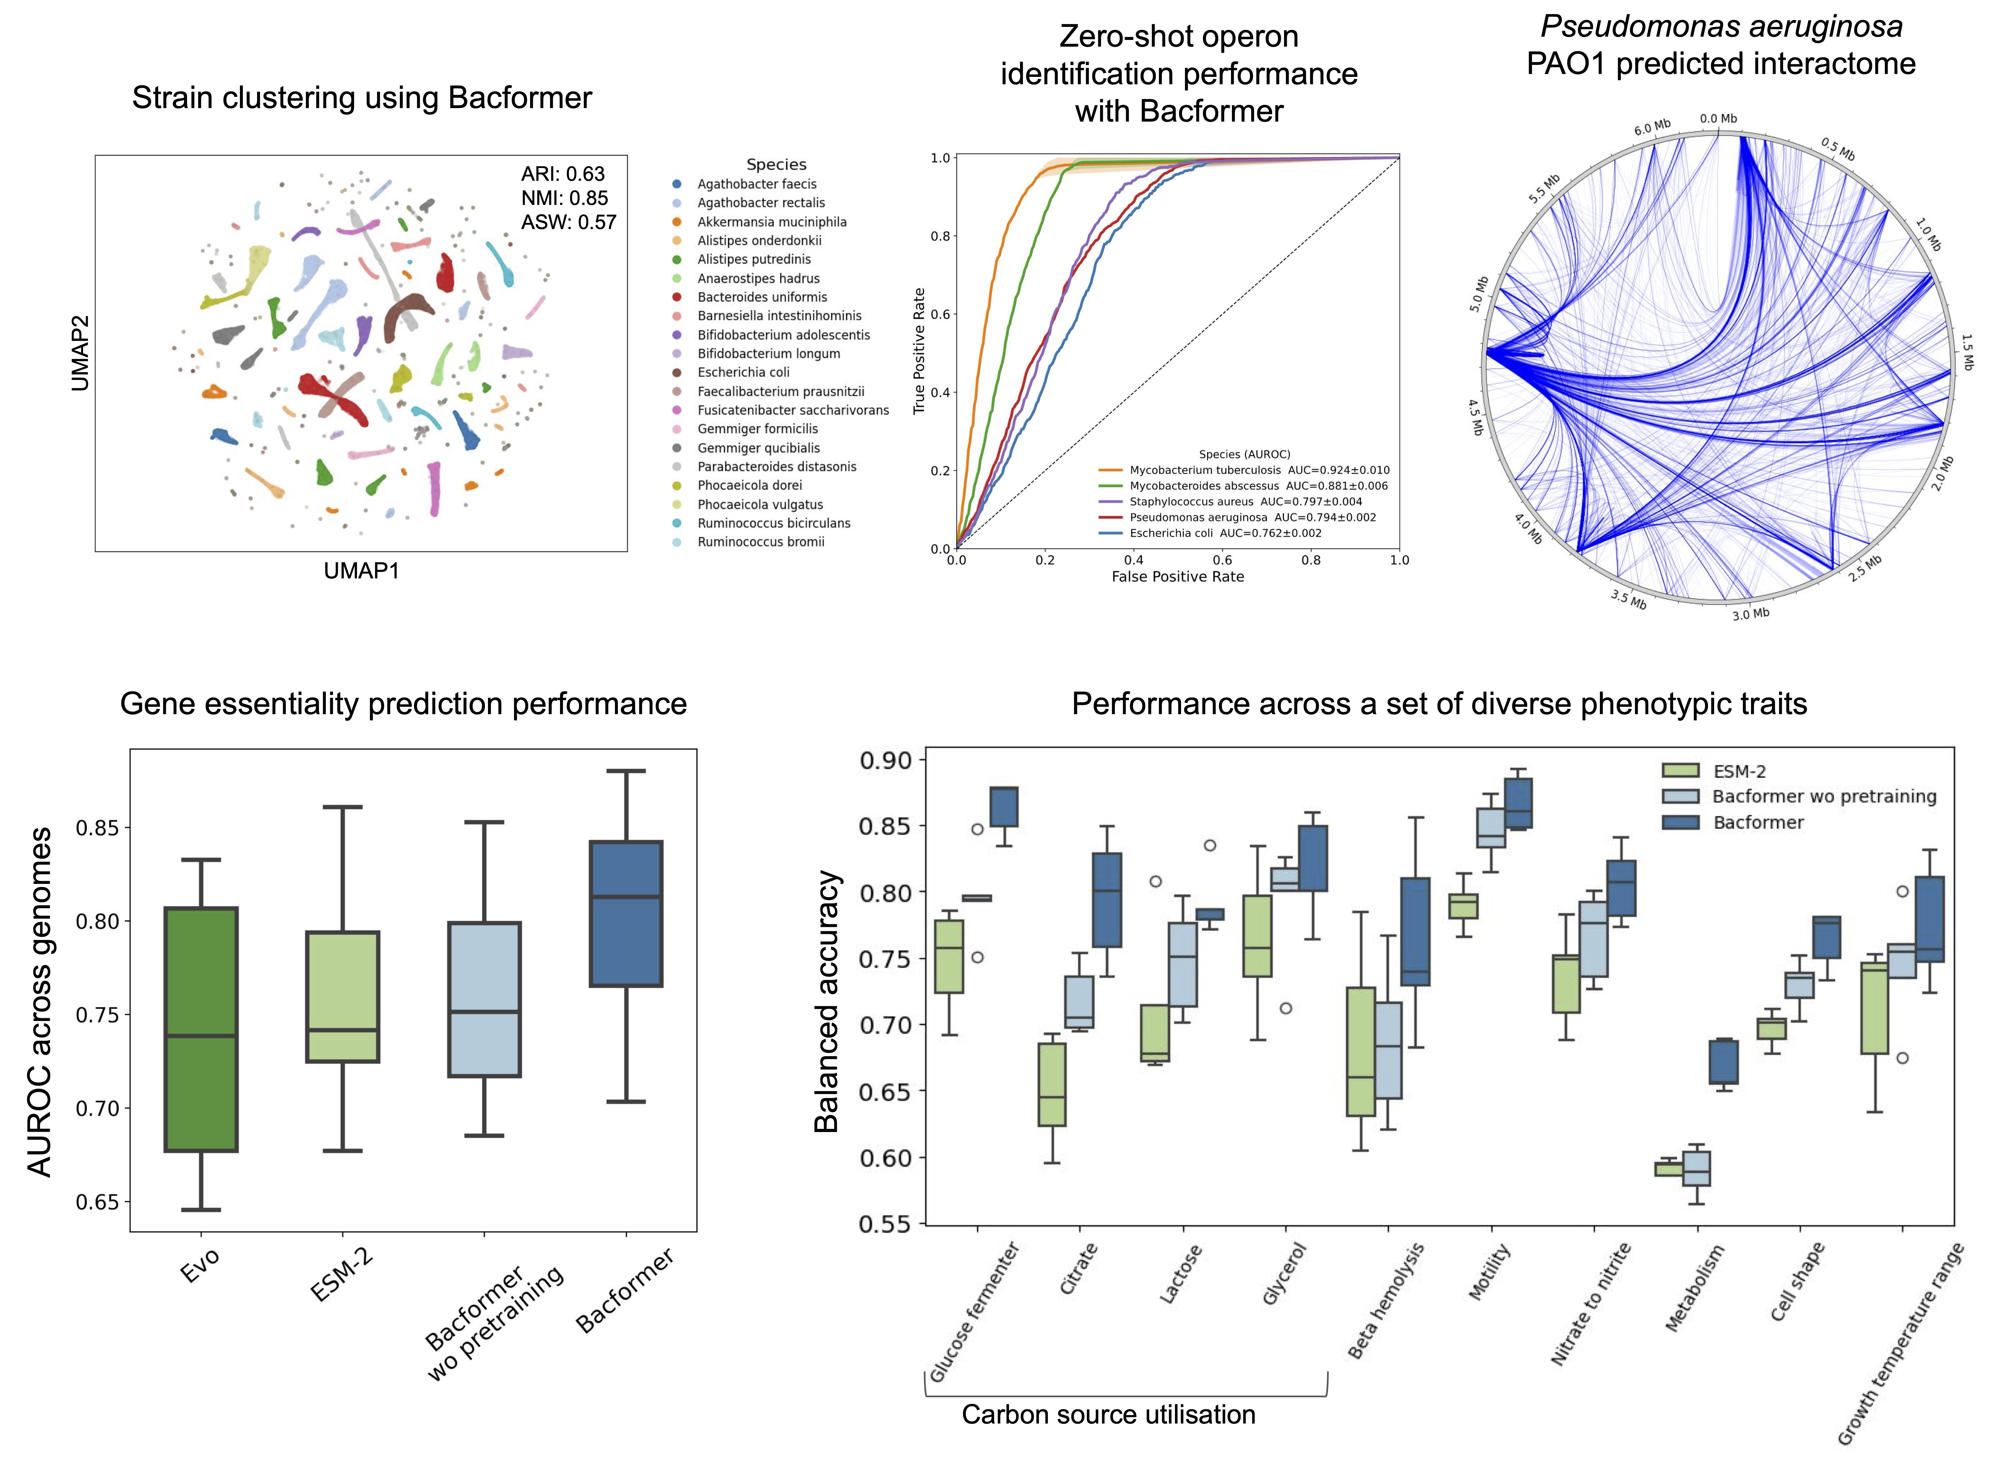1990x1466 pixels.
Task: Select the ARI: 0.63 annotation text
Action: point(563,174)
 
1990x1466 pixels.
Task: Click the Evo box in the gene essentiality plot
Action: point(201,1029)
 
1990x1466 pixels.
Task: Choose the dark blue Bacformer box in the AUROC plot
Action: point(626,913)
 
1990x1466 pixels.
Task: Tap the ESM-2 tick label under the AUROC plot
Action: point(342,1273)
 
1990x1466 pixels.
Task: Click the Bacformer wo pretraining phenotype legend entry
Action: point(1823,796)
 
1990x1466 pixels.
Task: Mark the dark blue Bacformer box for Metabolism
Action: point(1724,1061)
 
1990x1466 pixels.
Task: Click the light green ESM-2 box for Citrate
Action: point(1052,1084)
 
